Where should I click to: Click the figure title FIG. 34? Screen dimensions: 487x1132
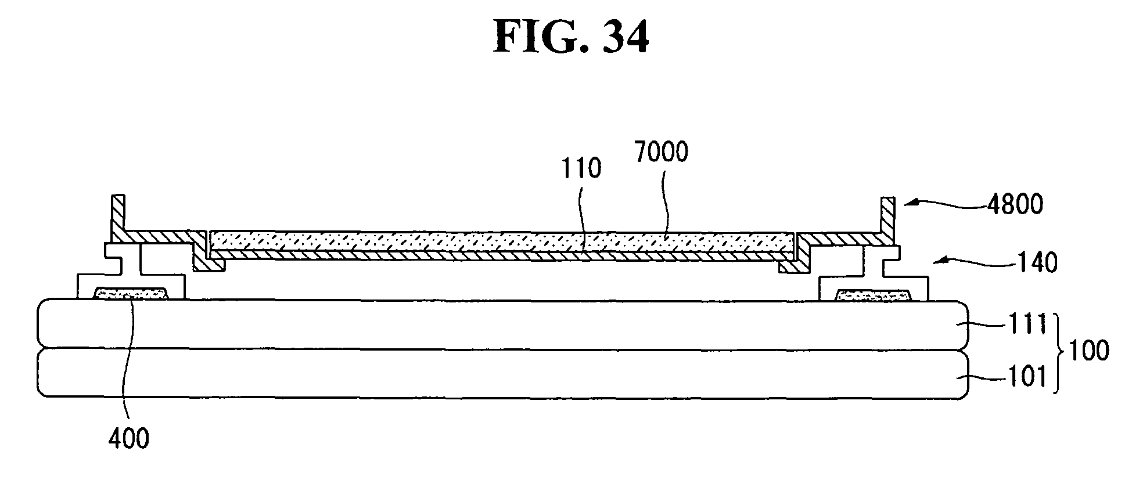click(571, 37)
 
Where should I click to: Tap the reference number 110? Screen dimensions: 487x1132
click(581, 169)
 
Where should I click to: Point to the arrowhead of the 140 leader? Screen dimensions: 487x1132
click(937, 262)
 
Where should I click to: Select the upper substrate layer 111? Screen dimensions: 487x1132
click(499, 324)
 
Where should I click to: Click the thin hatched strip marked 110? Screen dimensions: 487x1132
click(499, 254)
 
